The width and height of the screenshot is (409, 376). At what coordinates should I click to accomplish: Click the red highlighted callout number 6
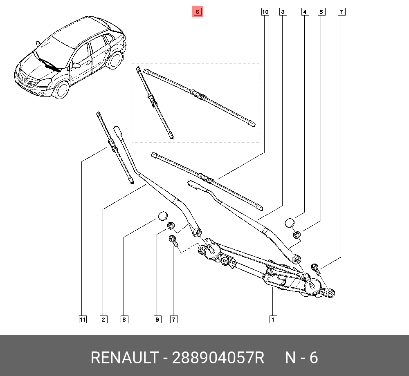tap(197, 12)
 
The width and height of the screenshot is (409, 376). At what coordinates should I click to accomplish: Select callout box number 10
tap(265, 12)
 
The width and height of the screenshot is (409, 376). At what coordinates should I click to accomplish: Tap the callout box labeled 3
tap(283, 12)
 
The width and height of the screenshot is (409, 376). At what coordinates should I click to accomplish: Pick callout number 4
tap(305, 12)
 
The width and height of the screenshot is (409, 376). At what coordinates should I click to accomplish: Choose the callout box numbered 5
tap(321, 12)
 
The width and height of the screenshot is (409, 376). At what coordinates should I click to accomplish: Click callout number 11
tap(83, 320)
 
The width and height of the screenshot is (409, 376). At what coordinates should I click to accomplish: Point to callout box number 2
tap(103, 320)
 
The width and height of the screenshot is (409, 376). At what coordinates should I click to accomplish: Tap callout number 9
tap(157, 320)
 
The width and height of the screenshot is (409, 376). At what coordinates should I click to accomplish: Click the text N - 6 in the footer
tap(301, 358)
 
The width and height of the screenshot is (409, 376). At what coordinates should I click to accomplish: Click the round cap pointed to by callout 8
tap(162, 215)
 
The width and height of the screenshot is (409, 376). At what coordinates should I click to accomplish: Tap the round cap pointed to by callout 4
tap(290, 223)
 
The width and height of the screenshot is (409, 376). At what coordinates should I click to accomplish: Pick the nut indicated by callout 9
tap(171, 226)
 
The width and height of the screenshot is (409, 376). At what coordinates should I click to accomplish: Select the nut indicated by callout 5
tap(298, 235)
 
